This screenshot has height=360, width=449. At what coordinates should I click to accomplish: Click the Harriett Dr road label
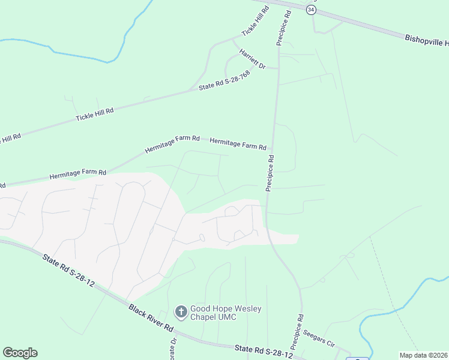(252, 58)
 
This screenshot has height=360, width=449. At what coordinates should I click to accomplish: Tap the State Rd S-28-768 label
(224, 82)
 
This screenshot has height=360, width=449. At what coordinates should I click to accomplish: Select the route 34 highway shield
(310, 10)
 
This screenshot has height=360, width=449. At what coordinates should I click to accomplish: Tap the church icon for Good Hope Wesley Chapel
(181, 311)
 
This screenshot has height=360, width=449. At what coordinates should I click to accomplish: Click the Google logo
(20, 353)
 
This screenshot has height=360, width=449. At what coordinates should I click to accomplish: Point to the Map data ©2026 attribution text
(423, 355)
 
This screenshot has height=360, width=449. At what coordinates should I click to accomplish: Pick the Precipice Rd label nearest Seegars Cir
(297, 331)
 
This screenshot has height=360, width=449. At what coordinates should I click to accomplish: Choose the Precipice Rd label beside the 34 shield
(283, 28)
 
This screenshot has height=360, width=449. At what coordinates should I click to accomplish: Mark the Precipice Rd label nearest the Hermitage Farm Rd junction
(270, 174)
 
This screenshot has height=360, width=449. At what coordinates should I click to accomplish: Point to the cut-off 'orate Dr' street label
(173, 348)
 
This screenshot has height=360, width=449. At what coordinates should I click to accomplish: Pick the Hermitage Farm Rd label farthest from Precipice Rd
(77, 175)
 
